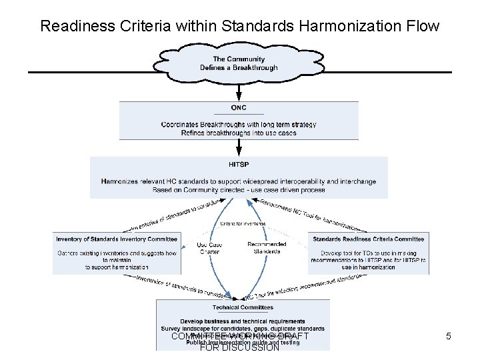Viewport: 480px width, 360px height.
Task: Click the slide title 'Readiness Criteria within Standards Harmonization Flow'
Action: (239, 26)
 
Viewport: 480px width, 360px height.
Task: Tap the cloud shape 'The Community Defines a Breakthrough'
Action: (239, 63)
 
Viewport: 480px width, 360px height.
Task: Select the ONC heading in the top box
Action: (239, 108)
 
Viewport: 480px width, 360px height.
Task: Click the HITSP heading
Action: (239, 164)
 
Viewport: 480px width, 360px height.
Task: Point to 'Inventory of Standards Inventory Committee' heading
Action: (117, 239)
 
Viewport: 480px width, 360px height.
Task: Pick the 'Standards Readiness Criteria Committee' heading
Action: (368, 239)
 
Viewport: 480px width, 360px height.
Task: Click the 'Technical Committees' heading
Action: (243, 307)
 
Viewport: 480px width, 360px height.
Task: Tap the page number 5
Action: (448, 337)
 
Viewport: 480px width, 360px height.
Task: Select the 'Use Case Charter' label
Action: (210, 248)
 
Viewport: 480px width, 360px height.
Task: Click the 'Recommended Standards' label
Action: (267, 248)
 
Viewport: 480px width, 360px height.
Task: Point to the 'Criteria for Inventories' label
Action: (239, 223)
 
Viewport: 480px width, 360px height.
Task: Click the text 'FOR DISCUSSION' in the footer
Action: (239, 347)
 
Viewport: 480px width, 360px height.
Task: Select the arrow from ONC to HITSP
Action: (239, 147)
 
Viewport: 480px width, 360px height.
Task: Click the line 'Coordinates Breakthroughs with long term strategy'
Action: (239, 125)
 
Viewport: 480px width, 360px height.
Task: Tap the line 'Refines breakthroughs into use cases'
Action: (239, 133)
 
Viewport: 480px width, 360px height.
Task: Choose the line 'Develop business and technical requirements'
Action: (243, 321)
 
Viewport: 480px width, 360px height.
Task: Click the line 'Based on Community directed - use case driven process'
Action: (239, 190)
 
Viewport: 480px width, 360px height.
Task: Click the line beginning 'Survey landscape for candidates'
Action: (243, 329)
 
